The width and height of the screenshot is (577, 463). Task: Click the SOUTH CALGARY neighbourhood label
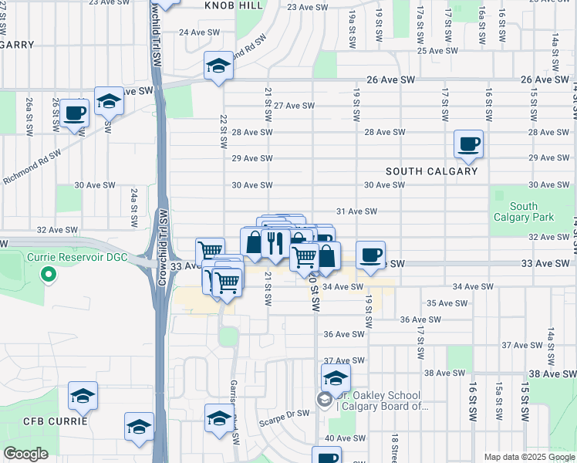coord(432,171)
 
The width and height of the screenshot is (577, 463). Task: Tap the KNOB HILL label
coord(234,5)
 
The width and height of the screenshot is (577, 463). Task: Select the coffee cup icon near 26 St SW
coord(76,113)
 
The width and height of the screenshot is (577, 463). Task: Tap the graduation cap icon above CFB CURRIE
coord(83,397)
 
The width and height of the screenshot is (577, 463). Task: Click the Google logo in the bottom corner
coord(25,454)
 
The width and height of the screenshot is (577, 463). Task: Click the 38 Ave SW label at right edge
coord(552,373)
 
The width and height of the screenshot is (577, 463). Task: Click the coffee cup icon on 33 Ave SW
coord(370,255)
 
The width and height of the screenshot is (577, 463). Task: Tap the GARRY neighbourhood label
coord(17,45)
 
